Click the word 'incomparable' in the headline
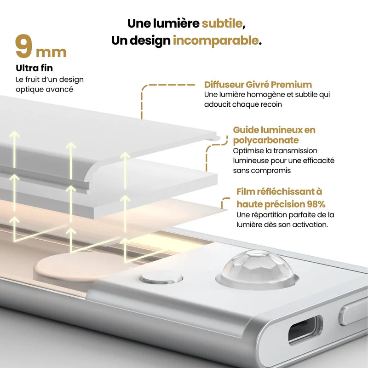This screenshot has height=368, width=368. (x=215, y=40)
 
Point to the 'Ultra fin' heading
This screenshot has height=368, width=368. (x=34, y=68)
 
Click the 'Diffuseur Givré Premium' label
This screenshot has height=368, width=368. (x=258, y=85)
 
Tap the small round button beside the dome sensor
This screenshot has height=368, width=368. (x=161, y=278)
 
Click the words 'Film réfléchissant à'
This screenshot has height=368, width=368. (x=279, y=191)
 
